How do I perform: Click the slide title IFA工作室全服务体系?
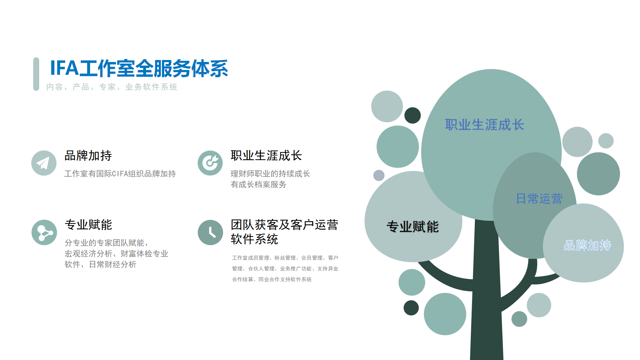pyautogui.click(x=139, y=68)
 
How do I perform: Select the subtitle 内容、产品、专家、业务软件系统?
pyautogui.click(x=112, y=87)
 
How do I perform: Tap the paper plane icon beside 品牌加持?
pyautogui.click(x=44, y=163)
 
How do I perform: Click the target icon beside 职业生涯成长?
pyautogui.click(x=210, y=163)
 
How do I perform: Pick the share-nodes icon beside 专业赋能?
pyautogui.click(x=44, y=232)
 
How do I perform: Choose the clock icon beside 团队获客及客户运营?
pyautogui.click(x=210, y=232)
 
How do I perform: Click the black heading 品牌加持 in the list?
pyautogui.click(x=88, y=156)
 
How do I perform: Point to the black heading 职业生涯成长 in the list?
pyautogui.click(x=266, y=156)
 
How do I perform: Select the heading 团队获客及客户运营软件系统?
pyautogui.click(x=284, y=232)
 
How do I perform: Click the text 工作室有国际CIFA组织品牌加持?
pyautogui.click(x=120, y=174)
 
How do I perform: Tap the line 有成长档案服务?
pyautogui.click(x=258, y=184)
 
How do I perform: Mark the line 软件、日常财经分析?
pyautogui.click(x=100, y=264)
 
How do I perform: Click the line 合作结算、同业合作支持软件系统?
pyautogui.click(x=272, y=280)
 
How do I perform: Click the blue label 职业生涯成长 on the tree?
pyautogui.click(x=484, y=125)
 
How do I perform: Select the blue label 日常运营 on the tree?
pyautogui.click(x=539, y=198)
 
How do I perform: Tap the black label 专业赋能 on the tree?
pyautogui.click(x=412, y=227)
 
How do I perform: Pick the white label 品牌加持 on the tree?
pyautogui.click(x=588, y=246)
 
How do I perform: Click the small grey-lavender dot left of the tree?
pyautogui.click(x=379, y=176)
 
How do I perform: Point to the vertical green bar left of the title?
pyautogui.click(x=36, y=74)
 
